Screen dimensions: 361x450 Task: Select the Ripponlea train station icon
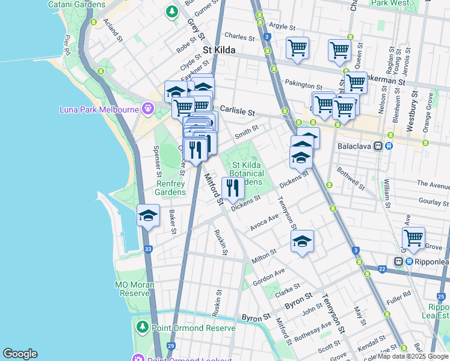pos(398,262)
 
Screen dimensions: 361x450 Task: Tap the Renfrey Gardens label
pos(170,188)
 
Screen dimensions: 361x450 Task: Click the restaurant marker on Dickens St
pos(232,188)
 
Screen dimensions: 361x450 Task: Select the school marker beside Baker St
pos(148,216)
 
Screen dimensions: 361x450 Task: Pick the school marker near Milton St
pos(302,242)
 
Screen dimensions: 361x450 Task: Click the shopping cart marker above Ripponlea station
pos(413,238)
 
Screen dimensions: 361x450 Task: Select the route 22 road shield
pos(381,269)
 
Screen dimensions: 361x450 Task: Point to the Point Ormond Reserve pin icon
pos(142,327)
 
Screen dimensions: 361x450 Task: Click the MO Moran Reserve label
pos(132,289)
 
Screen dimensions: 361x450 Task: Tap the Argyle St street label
pos(282,27)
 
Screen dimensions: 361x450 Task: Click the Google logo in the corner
pos(20,354)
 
